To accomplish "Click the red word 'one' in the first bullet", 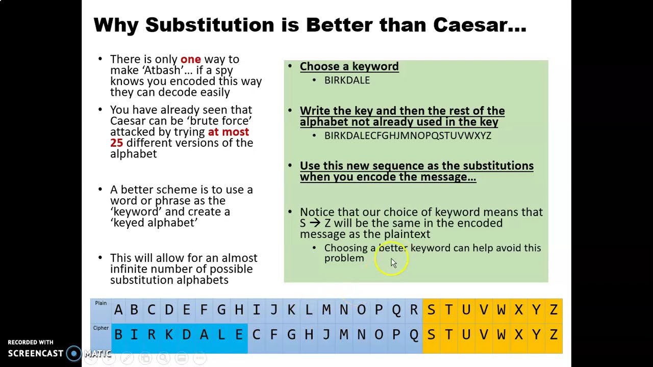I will [x=190, y=59].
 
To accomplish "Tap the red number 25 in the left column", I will [x=117, y=143].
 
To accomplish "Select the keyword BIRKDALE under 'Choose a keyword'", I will [x=347, y=80].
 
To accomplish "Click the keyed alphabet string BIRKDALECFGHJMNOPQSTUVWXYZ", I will [x=408, y=136].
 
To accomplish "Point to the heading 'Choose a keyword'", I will [x=349, y=66].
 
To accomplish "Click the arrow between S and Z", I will [x=315, y=223].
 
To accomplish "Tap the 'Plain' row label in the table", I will [x=101, y=303].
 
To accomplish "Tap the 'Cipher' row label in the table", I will [x=101, y=328].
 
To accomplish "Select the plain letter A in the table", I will [x=118, y=310].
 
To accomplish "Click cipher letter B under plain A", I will [x=118, y=335].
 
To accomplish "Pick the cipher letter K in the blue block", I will [x=169, y=335].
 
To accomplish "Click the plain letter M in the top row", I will [x=326, y=310].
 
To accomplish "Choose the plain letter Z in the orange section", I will [x=554, y=310].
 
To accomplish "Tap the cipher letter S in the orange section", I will [x=431, y=335].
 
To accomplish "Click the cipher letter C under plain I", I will [x=256, y=335].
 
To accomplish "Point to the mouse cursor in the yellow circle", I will [x=393, y=262].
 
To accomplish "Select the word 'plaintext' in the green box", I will [x=407, y=234].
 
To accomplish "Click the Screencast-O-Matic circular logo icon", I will [x=74, y=353].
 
